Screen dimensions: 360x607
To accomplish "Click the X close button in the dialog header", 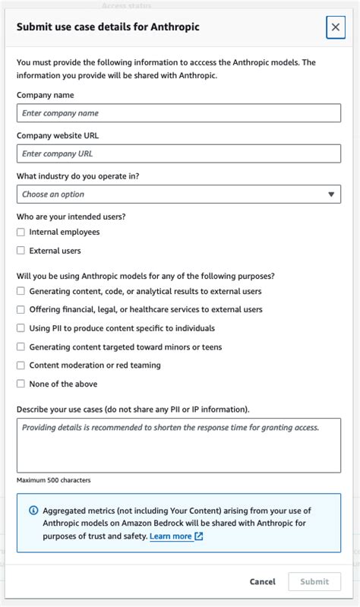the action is [x=335, y=27].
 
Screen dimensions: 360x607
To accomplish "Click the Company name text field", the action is [x=178, y=113].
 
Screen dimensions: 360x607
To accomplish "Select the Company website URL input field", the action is [x=178, y=153].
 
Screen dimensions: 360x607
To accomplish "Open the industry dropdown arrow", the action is [x=331, y=194].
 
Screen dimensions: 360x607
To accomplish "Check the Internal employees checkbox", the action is [x=21, y=232].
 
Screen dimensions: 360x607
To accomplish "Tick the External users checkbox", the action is [x=21, y=251].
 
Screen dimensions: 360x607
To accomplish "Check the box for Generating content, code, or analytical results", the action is [x=21, y=292].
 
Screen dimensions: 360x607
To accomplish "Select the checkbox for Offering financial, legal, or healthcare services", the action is [x=21, y=310].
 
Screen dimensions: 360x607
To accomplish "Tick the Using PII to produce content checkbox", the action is [x=21, y=328].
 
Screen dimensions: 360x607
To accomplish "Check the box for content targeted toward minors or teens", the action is [x=21, y=347].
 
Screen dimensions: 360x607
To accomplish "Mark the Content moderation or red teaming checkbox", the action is [x=21, y=365].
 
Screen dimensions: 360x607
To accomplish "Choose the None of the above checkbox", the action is [x=21, y=384].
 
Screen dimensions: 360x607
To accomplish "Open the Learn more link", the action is [x=171, y=536].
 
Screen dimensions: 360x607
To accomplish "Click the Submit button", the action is [x=314, y=582].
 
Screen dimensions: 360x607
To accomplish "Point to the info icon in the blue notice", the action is [x=33, y=511].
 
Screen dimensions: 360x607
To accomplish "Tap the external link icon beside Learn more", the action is [x=199, y=536].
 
